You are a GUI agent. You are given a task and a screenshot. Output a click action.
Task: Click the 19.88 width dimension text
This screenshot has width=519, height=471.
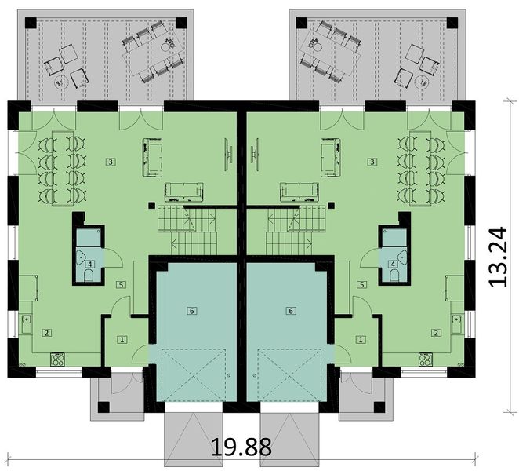pos(241,447)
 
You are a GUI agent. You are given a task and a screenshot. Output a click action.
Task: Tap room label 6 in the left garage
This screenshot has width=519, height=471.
pos(191,311)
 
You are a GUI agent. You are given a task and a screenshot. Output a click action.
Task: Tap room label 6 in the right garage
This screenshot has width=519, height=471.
pos(291,311)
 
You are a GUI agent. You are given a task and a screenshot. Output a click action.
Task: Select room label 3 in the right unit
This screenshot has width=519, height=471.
pos(372,162)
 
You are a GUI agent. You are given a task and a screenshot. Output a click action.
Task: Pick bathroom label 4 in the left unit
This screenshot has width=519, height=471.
pos(90,265)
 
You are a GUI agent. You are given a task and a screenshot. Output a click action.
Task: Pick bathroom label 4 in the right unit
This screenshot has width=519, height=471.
pos(391,265)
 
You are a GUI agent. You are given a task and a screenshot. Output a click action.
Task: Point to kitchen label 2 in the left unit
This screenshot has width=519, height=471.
pos(47,333)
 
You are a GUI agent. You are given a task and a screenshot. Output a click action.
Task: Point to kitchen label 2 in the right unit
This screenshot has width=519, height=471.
pos(436,333)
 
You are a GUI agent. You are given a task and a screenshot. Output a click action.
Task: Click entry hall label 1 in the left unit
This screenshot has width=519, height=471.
pos(122,339)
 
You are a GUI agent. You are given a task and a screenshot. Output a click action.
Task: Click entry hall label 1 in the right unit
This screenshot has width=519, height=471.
pos(360,339)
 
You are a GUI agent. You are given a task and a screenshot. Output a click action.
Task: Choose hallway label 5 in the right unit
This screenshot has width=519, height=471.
pos(361,285)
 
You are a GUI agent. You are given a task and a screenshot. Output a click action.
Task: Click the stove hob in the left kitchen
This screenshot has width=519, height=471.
pos(58,359)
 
